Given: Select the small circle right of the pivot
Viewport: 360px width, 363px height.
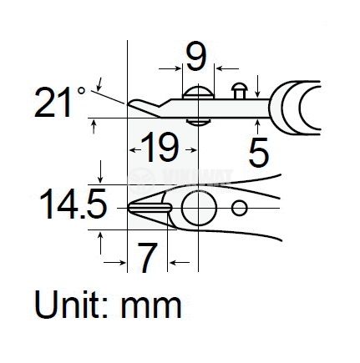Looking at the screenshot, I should (241, 208).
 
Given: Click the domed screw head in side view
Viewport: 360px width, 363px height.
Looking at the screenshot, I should (197, 90).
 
